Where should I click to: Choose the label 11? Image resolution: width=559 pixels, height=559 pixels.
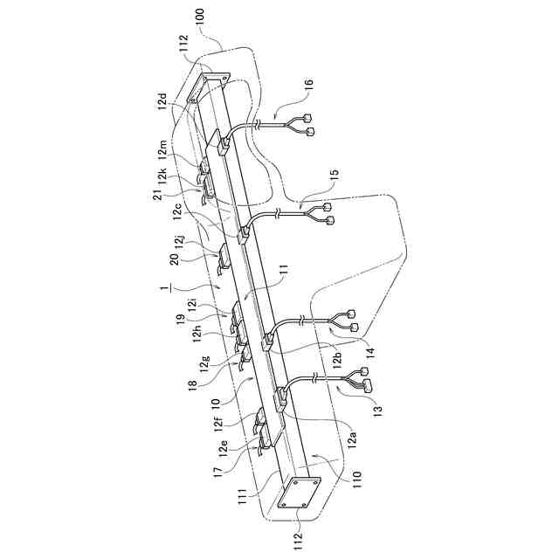point(282,285)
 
